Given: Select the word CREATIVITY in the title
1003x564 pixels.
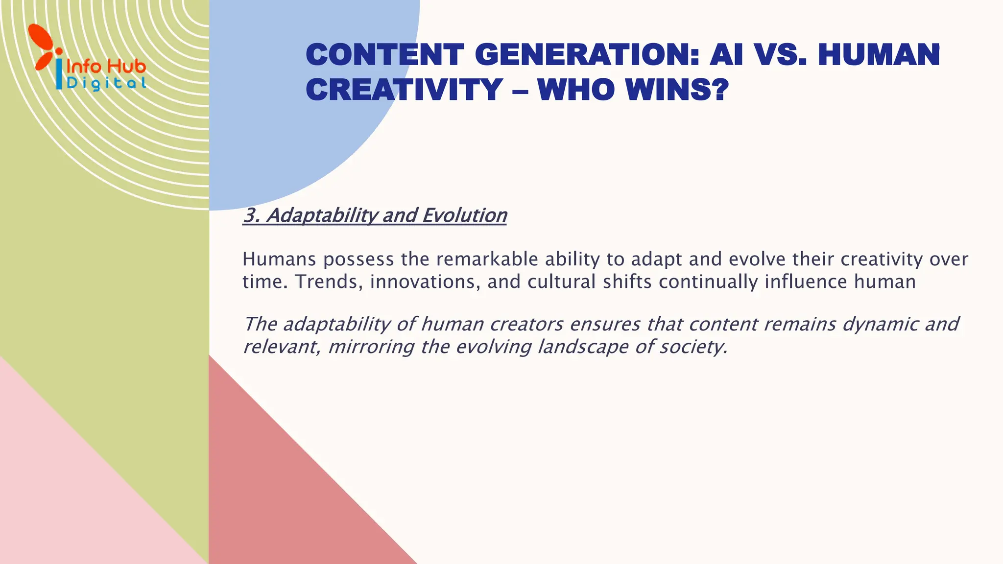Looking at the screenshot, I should [x=405, y=90].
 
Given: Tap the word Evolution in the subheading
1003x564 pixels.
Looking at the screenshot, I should [x=464, y=215].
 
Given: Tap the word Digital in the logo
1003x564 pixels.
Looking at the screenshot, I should [x=106, y=83].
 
